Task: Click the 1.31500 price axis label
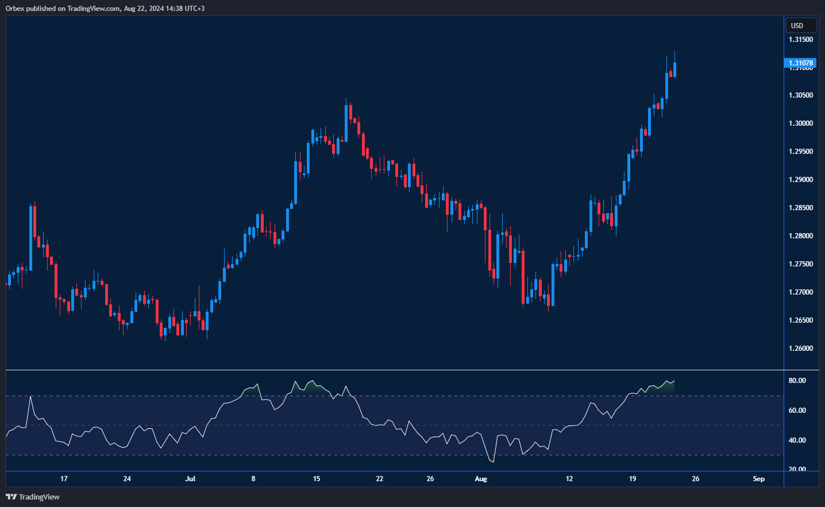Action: coord(801,40)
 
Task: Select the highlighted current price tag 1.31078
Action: coord(800,63)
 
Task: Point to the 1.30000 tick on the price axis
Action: coord(801,123)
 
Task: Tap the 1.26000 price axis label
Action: coord(801,349)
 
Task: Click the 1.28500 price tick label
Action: coord(801,208)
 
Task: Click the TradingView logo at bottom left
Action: coord(33,497)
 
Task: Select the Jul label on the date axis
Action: coord(190,479)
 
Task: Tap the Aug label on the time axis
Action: coord(481,479)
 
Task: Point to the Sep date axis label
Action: coord(758,479)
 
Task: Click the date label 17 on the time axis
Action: coord(64,479)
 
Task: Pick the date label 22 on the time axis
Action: coord(379,479)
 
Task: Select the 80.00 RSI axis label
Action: coord(797,381)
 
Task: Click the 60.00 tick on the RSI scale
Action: coord(797,411)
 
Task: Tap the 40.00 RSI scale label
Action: coord(797,440)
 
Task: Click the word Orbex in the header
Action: coord(15,9)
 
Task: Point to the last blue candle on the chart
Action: coord(674,69)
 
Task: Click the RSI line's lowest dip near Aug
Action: coord(492,462)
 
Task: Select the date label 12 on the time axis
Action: coord(569,479)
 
